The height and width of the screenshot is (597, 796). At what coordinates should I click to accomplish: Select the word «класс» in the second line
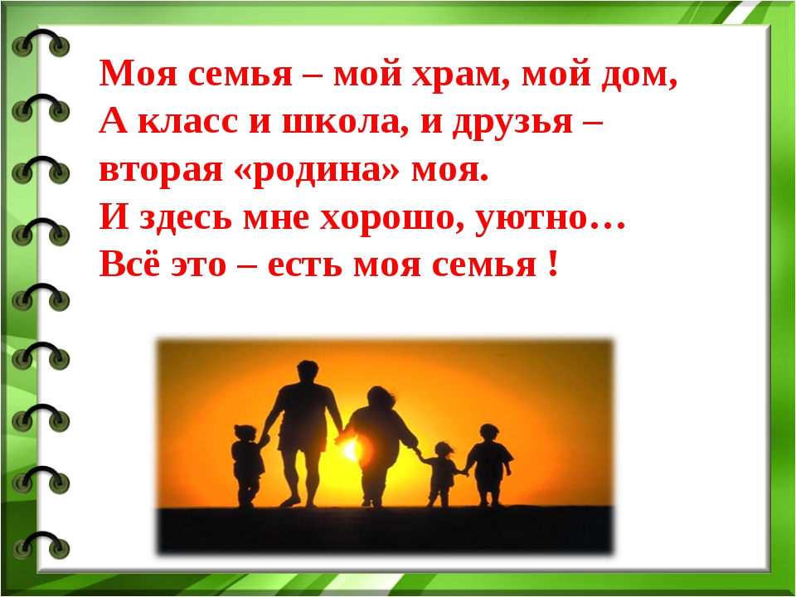188,123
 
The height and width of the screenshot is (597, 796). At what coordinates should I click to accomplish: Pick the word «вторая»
161,170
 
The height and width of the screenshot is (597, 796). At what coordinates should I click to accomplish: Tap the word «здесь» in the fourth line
186,218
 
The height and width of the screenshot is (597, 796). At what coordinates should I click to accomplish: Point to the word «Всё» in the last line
129,264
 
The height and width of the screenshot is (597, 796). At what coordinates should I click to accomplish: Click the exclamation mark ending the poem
553,264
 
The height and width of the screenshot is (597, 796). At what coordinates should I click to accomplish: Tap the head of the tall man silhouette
308,371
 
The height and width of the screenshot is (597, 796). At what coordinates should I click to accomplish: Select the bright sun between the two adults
351,449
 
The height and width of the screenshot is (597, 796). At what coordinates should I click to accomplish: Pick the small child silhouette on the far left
247,465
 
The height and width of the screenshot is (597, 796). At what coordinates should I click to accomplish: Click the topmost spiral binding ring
41,42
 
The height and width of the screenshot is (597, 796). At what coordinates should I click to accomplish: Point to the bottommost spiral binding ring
41,546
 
